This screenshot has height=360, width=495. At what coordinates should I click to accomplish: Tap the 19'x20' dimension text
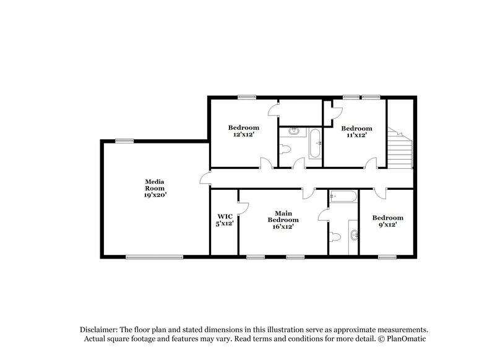coord(154,194)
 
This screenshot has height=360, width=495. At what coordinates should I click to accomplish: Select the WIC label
coord(224,216)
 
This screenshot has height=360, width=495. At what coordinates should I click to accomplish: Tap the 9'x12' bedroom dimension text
coord(387,226)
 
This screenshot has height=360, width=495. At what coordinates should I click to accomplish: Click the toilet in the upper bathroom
coord(286,148)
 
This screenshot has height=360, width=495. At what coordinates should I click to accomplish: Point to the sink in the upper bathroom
coord(294,131)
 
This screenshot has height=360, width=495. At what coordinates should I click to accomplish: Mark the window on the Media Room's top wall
coord(124,140)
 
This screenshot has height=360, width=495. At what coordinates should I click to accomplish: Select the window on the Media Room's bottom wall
coord(154,257)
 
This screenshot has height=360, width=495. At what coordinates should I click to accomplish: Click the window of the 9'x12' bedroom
coord(387,257)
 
